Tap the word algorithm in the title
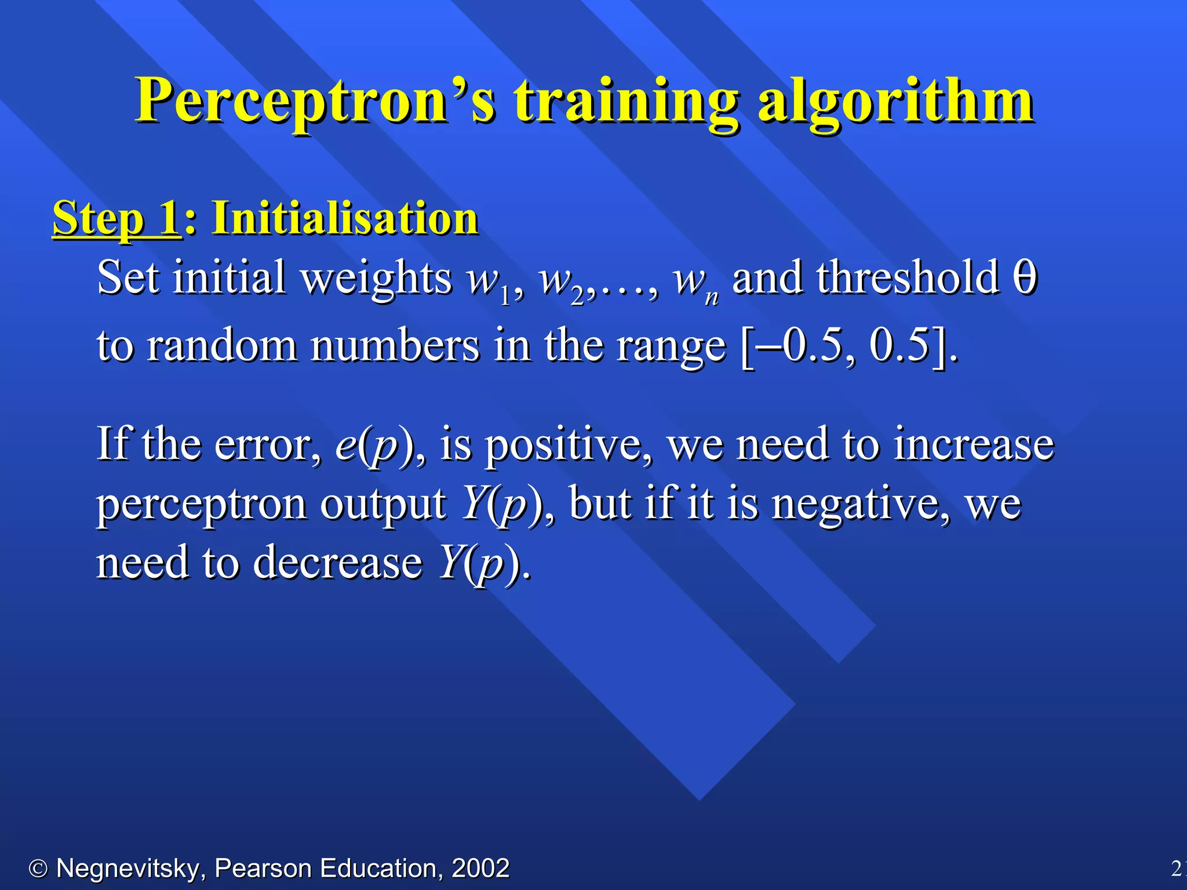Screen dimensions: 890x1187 895,101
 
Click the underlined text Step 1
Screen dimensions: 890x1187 116,219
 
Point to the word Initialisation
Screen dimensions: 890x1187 345,219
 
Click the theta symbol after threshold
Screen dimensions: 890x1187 1025,278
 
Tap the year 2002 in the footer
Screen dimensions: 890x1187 480,869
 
